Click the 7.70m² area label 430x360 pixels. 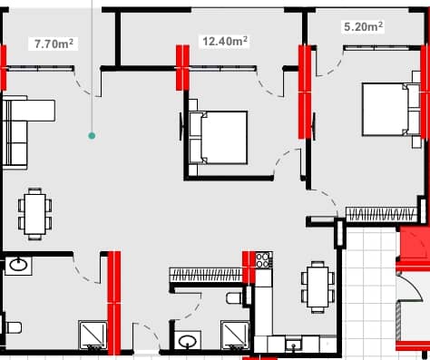[54, 43]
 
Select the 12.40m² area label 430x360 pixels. [223, 41]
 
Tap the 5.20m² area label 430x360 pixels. [363, 27]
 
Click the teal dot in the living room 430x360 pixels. [92, 136]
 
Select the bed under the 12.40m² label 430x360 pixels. [218, 137]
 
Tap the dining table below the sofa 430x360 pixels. [34, 214]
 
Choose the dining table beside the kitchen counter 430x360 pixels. [316, 286]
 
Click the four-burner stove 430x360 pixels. [262, 261]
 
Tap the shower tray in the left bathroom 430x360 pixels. [93, 335]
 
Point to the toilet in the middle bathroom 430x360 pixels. [234, 297]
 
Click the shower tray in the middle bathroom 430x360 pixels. [234, 335]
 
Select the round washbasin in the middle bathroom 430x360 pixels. [188, 342]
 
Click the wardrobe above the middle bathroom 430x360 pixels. [205, 273]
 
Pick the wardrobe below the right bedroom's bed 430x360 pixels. [381, 214]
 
